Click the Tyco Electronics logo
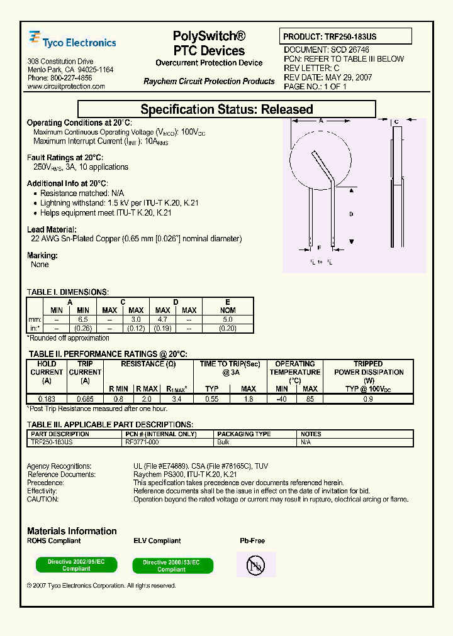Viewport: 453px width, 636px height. click(x=72, y=41)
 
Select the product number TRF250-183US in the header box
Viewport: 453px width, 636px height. click(x=350, y=37)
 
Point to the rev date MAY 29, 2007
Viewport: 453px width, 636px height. click(x=346, y=78)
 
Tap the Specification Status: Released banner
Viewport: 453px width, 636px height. click(x=226, y=109)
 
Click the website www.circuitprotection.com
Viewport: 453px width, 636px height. click(x=66, y=87)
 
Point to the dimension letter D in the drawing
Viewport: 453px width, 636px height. click(x=351, y=214)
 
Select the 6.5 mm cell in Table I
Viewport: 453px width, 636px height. click(x=83, y=320)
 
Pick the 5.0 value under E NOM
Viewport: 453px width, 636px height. click(x=228, y=320)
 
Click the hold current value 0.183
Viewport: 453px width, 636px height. click(x=47, y=398)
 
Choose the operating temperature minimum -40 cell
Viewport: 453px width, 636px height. click(x=281, y=398)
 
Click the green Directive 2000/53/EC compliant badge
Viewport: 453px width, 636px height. click(x=172, y=566)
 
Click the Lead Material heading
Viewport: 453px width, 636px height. click(x=52, y=230)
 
